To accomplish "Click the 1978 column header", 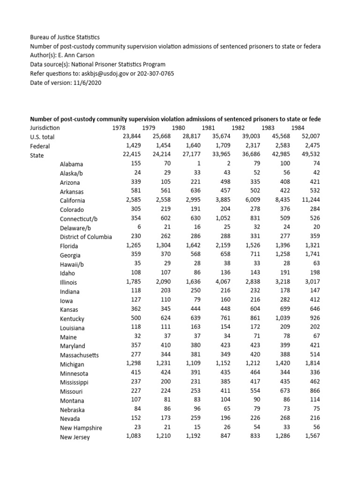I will point(120,128).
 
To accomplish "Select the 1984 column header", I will point(298,128).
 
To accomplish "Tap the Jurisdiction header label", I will point(45,128).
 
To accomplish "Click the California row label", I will point(72,201).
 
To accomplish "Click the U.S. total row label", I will point(42,137).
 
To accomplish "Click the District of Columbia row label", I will point(86,237).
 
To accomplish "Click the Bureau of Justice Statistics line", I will point(65,37).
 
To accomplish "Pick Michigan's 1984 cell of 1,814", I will point(309,364).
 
